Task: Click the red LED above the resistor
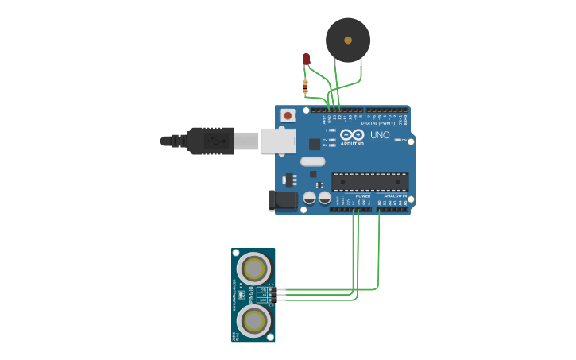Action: tap(306, 59)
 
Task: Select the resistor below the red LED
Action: tap(305, 86)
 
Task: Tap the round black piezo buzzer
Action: tap(348, 41)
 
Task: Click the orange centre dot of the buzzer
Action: tap(348, 39)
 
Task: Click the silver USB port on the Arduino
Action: tap(277, 141)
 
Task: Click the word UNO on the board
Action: tap(380, 135)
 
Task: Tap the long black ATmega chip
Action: tap(369, 181)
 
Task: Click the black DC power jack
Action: tap(282, 200)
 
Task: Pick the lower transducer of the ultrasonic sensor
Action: tap(253, 321)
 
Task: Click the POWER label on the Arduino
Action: tap(362, 195)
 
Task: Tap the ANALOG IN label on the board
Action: tap(395, 195)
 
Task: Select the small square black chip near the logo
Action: tap(315, 144)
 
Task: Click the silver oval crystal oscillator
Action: tap(312, 161)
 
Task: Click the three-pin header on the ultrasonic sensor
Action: tap(269, 294)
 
